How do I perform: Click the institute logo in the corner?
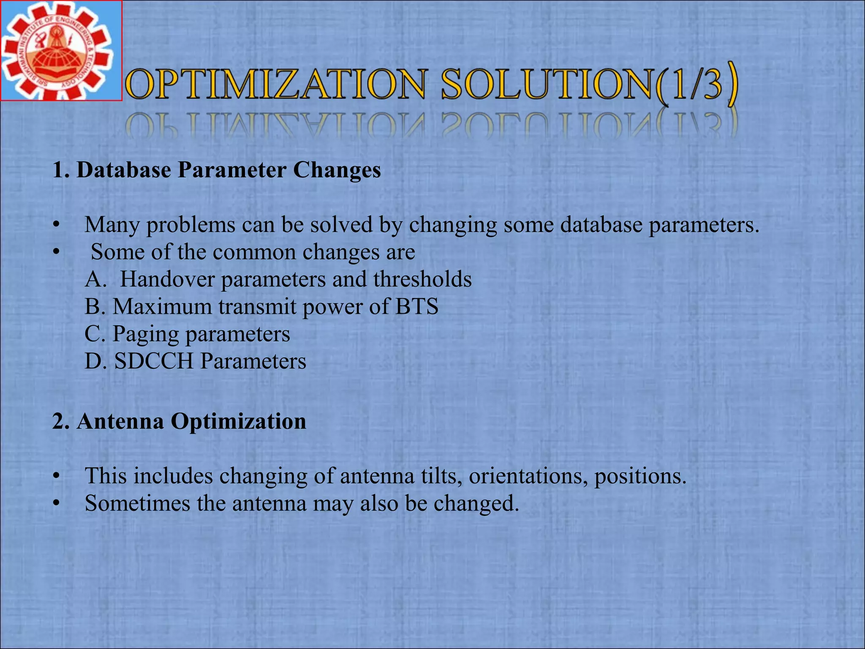coord(61,51)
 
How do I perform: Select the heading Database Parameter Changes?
coord(217,170)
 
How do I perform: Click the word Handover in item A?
coord(167,279)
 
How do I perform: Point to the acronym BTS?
coord(416,306)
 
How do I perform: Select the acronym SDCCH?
coord(154,361)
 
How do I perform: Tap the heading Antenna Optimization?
coord(180,421)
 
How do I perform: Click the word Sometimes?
coord(137,503)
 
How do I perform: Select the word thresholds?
coord(422,279)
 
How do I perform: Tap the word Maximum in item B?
coord(162,306)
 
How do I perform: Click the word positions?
coord(640,477)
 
